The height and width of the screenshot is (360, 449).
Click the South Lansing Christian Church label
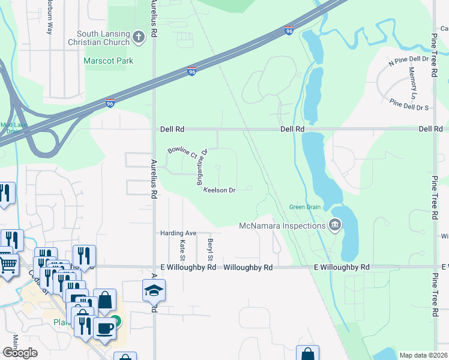click(103, 38)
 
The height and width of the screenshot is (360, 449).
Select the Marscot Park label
click(109, 61)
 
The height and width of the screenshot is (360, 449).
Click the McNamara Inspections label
click(282, 226)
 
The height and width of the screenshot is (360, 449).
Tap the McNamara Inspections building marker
click(335, 226)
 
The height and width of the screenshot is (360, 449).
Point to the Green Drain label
click(306, 208)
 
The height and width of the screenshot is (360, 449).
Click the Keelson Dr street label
click(219, 190)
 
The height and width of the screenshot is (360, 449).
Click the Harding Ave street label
click(178, 233)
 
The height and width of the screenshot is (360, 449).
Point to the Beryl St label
click(211, 250)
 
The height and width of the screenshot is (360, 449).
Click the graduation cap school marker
click(154, 290)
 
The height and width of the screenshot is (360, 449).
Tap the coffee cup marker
click(105, 328)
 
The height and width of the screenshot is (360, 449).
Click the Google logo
click(20, 353)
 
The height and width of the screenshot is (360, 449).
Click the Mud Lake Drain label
click(10, 128)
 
